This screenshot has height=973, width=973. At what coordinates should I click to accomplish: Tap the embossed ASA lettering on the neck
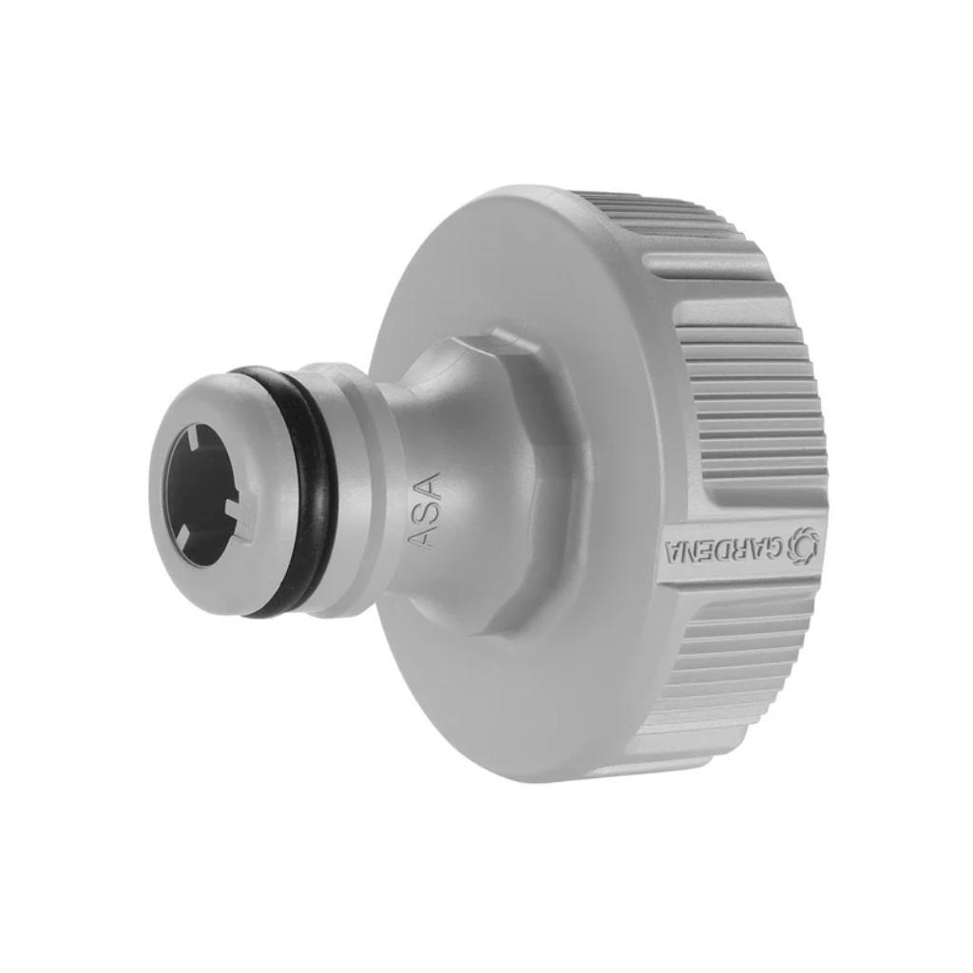click(x=426, y=510)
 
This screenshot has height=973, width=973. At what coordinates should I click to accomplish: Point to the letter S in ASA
click(x=426, y=511)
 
